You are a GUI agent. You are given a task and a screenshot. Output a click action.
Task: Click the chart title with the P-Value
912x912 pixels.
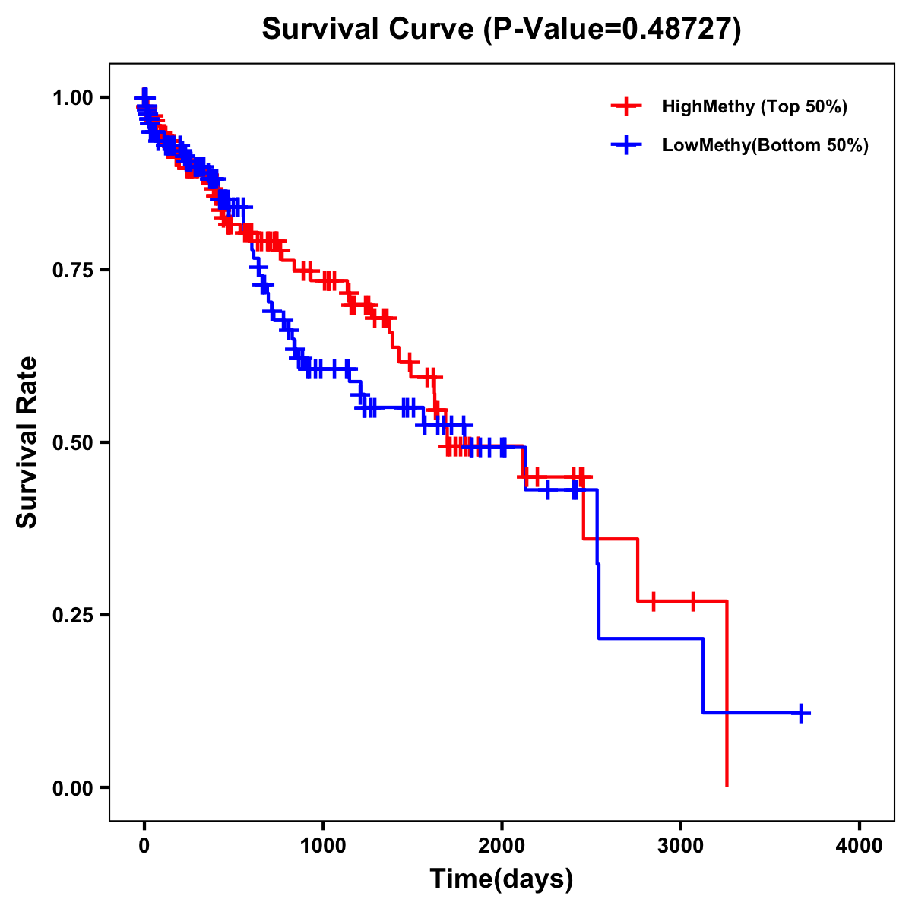[x=502, y=29]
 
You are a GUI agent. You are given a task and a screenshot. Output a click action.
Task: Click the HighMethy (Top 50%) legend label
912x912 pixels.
[x=755, y=106]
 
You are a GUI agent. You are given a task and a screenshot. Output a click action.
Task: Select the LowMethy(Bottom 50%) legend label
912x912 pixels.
[x=765, y=146]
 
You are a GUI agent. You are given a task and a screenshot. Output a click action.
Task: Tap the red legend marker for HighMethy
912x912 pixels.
[x=626, y=106]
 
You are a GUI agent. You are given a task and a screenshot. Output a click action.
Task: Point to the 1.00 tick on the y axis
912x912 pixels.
[x=72, y=98]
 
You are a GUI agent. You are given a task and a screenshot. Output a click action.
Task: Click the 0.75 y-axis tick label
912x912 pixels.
[x=72, y=271]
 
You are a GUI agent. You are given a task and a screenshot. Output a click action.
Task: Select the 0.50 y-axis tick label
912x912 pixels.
[x=72, y=443]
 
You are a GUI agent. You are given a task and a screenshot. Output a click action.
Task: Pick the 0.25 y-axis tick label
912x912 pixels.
[x=72, y=616]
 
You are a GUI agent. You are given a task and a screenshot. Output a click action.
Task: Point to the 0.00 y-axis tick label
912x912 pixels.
[x=72, y=788]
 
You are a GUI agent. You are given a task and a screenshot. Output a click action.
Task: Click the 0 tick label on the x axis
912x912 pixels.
[x=144, y=847]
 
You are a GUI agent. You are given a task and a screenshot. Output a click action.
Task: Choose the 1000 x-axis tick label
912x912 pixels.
[x=323, y=847]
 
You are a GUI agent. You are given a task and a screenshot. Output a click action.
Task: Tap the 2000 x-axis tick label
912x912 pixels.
[x=502, y=847]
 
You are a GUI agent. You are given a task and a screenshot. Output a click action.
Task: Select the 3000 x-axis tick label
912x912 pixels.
[x=681, y=847]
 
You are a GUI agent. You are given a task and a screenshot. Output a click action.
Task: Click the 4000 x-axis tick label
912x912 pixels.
[x=860, y=847]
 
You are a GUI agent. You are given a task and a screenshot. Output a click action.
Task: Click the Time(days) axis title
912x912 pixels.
[x=502, y=879]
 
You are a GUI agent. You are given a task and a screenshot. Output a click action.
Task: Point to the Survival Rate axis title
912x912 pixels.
[x=27, y=442]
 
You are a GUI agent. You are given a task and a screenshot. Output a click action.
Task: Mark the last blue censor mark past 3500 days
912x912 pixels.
[x=801, y=713]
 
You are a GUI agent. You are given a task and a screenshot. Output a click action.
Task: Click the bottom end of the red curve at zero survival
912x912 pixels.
[x=727, y=785]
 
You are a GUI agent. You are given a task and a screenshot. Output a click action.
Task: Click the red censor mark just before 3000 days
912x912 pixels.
[x=653, y=601]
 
